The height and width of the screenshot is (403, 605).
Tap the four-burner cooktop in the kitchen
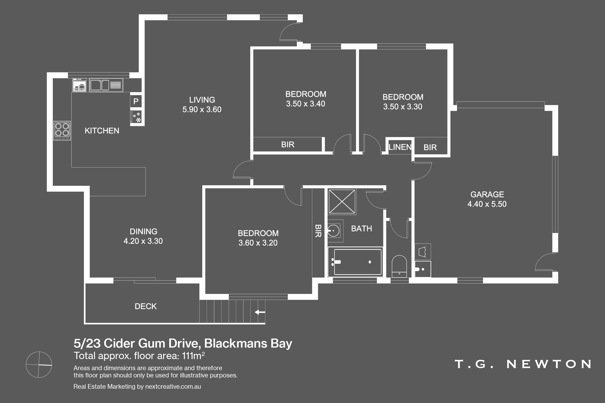tap(62, 131)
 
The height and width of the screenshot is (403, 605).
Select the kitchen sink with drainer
tap(106, 85)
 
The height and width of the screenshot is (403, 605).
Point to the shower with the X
tap(342, 201)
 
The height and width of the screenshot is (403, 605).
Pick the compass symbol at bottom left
tap(39, 365)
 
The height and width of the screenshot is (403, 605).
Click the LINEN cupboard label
tap(400, 147)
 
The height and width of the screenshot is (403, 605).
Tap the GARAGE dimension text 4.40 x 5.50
tap(487, 204)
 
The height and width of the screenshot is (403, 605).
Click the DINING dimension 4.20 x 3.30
tap(143, 241)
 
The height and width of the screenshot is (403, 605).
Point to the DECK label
tap(146, 306)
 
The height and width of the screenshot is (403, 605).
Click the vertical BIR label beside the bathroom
tap(318, 231)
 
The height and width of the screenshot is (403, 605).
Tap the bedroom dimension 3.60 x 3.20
tap(258, 243)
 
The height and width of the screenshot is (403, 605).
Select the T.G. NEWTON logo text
tap(523, 364)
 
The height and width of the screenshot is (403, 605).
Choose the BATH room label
tap(361, 229)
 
